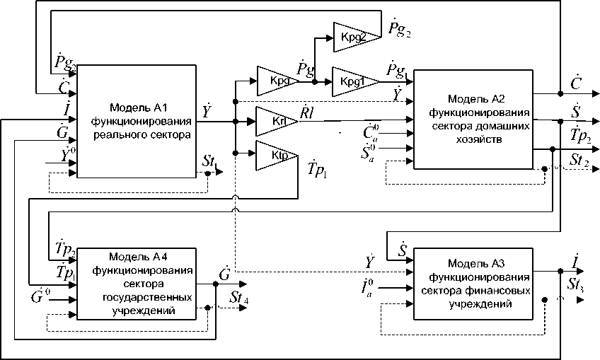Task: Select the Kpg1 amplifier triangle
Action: click(351, 81)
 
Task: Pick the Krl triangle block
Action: click(275, 121)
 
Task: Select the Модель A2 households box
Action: click(473, 119)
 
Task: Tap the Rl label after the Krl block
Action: click(308, 113)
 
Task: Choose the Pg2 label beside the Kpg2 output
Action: click(399, 28)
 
